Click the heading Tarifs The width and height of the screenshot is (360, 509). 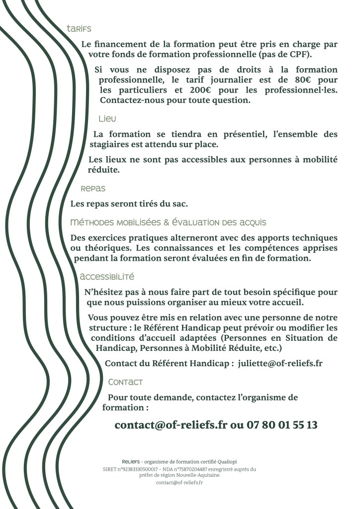tap(79, 29)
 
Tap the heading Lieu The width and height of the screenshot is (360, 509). tap(107, 118)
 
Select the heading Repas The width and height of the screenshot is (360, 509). tap(93, 189)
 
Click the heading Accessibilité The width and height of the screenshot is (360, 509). tap(107, 276)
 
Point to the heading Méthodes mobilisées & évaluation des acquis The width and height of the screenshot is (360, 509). tap(169, 222)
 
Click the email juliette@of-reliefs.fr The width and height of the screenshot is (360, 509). tap(280, 363)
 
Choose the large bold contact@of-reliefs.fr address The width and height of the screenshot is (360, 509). tap(171, 425)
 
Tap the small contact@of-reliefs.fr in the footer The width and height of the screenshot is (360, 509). tap(180, 482)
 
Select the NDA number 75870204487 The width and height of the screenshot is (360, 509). tap(192, 469)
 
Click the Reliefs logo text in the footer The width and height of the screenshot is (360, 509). tap(131, 462)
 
